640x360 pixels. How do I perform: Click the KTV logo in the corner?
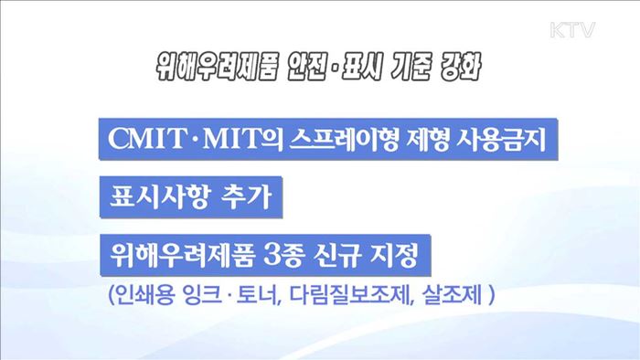coord(572,30)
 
